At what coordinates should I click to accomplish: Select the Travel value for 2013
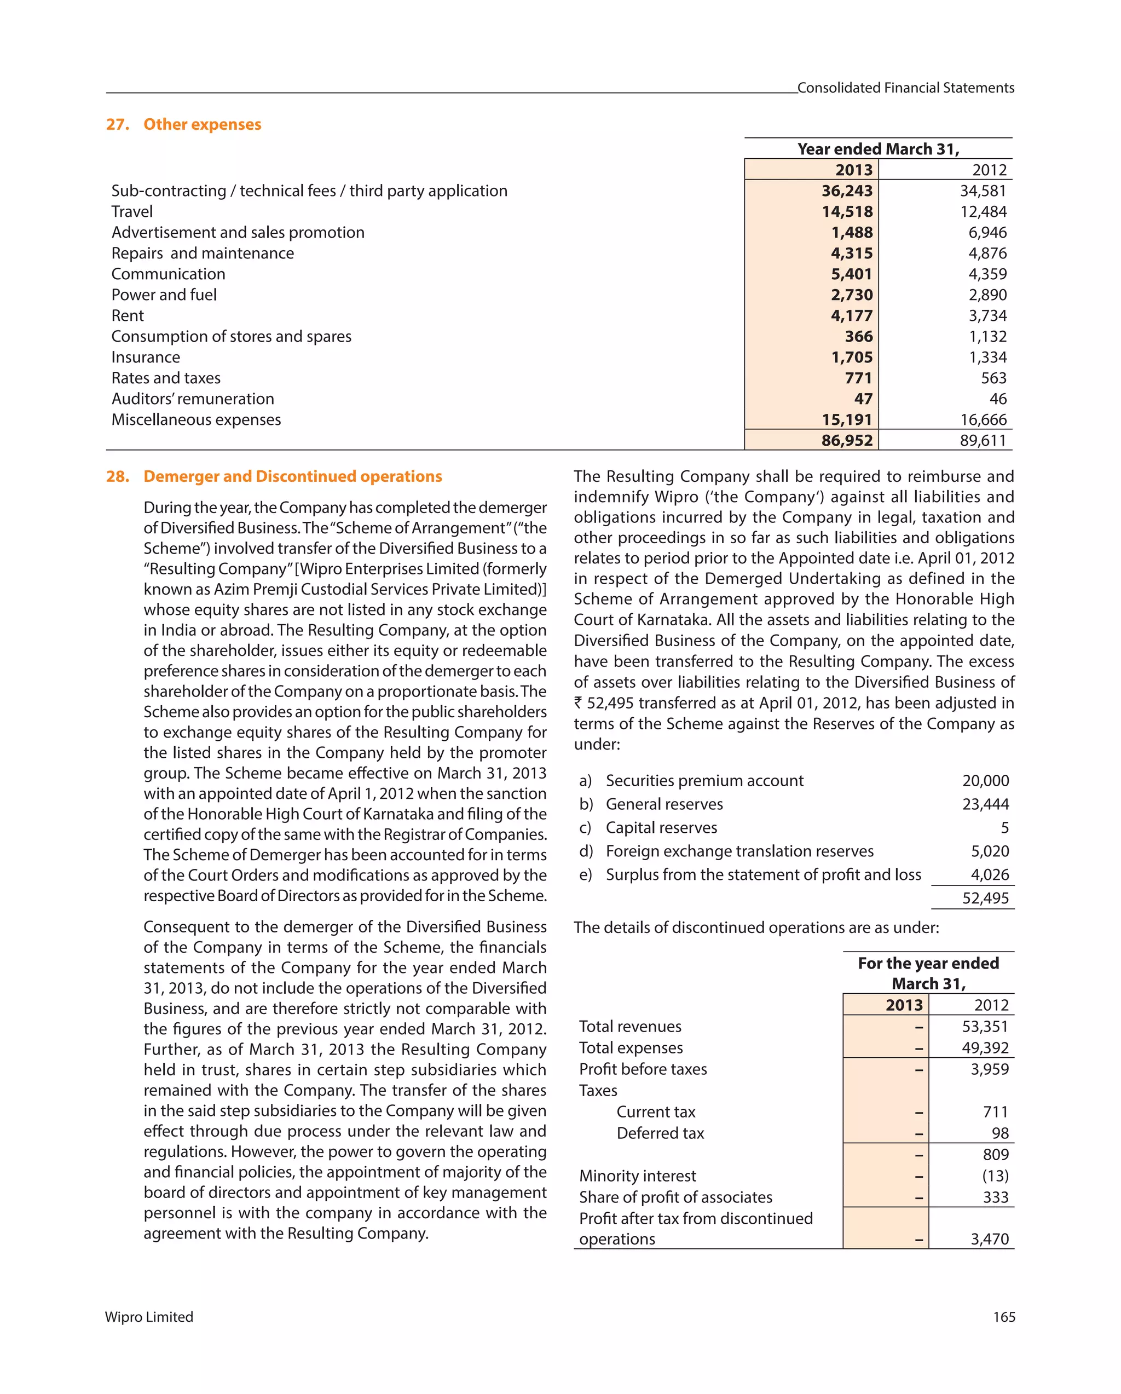coord(847,211)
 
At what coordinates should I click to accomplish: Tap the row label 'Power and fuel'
coord(164,295)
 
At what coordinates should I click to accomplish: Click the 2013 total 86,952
coord(847,440)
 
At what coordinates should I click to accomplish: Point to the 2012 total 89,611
coord(983,440)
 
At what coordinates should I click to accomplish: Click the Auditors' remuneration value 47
coord(863,399)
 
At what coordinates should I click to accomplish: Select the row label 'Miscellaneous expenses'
coord(196,419)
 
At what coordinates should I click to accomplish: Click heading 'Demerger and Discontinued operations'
coord(292,476)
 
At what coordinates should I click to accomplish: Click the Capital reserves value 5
coord(1004,828)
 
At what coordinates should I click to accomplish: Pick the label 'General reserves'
coord(664,804)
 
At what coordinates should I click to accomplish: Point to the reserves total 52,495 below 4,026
coord(985,898)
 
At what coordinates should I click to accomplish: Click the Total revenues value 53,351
coord(985,1026)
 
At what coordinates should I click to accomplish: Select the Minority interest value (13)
coord(995,1176)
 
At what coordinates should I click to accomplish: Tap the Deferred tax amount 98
coord(1000,1133)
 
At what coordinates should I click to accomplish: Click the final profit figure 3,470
coord(989,1239)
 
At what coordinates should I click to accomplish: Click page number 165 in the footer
coord(1004,1317)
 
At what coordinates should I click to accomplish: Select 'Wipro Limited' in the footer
coord(149,1317)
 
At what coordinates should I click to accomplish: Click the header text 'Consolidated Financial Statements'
coord(905,88)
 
